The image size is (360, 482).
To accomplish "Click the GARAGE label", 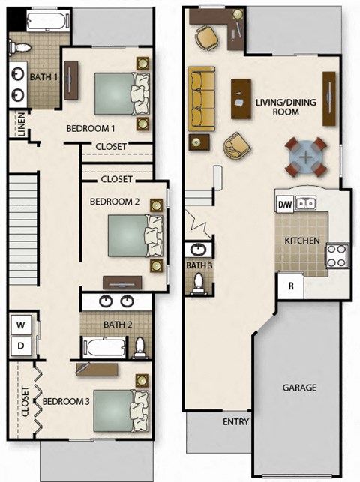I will tap(300, 388).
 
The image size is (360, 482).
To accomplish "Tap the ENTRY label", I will tap(235, 422).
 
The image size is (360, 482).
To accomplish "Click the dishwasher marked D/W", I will tap(285, 204).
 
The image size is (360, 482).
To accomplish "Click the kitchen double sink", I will tap(305, 202).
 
